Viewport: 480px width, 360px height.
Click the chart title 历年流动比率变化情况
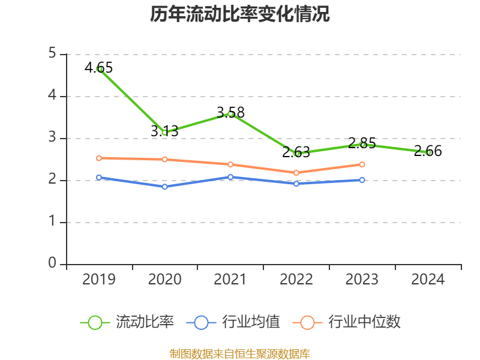pyautogui.click(x=240, y=14)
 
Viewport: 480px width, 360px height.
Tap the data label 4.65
pyautogui.click(x=98, y=67)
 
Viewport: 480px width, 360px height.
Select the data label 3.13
pyautogui.click(x=164, y=131)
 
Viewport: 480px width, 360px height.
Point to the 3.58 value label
pyautogui.click(x=230, y=112)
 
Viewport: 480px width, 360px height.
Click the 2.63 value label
pyautogui.click(x=296, y=152)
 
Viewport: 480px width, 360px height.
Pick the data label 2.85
pyautogui.click(x=362, y=143)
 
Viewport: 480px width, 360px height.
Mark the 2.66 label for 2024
pyautogui.click(x=428, y=151)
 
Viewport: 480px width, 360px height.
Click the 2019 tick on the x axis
pyautogui.click(x=99, y=279)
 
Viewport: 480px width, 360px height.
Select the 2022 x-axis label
pyautogui.click(x=296, y=279)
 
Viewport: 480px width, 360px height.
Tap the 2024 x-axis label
pyautogui.click(x=428, y=279)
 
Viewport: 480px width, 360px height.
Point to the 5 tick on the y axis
pyautogui.click(x=53, y=54)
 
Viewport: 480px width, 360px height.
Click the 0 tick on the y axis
pyautogui.click(x=53, y=264)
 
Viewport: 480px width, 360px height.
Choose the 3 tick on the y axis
pyautogui.click(x=53, y=138)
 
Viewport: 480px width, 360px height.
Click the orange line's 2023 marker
pyautogui.click(x=362, y=164)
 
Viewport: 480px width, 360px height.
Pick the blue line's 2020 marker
pyautogui.click(x=164, y=187)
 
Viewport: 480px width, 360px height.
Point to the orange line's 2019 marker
pyautogui.click(x=99, y=158)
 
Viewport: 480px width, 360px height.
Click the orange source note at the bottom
pyautogui.click(x=240, y=353)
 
